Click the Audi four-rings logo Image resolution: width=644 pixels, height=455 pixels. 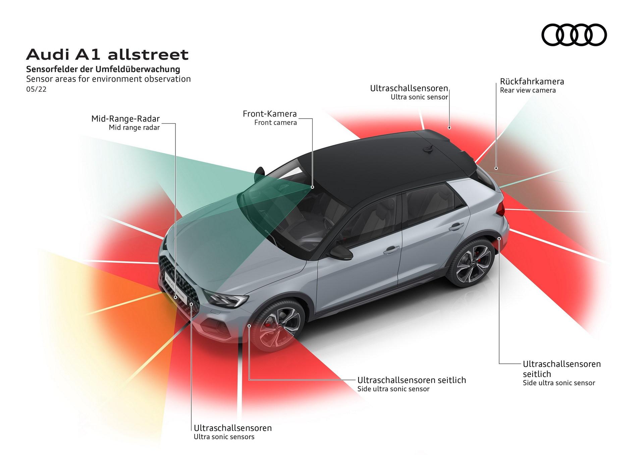[574, 35]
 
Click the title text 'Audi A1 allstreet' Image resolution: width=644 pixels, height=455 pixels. [107, 54]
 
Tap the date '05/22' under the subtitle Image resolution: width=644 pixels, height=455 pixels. [36, 89]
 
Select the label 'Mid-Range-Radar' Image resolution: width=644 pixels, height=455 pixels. [125, 119]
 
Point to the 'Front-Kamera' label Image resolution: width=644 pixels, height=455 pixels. [270, 114]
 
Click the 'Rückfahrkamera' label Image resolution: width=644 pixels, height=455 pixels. [532, 81]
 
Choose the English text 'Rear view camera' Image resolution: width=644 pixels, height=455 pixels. [528, 90]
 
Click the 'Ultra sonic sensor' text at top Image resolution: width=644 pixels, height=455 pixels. [419, 97]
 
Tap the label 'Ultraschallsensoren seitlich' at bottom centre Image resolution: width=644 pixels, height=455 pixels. [412, 380]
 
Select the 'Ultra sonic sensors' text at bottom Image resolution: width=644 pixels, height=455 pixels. [224, 437]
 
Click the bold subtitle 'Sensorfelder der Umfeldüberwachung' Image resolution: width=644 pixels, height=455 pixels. [103, 69]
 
